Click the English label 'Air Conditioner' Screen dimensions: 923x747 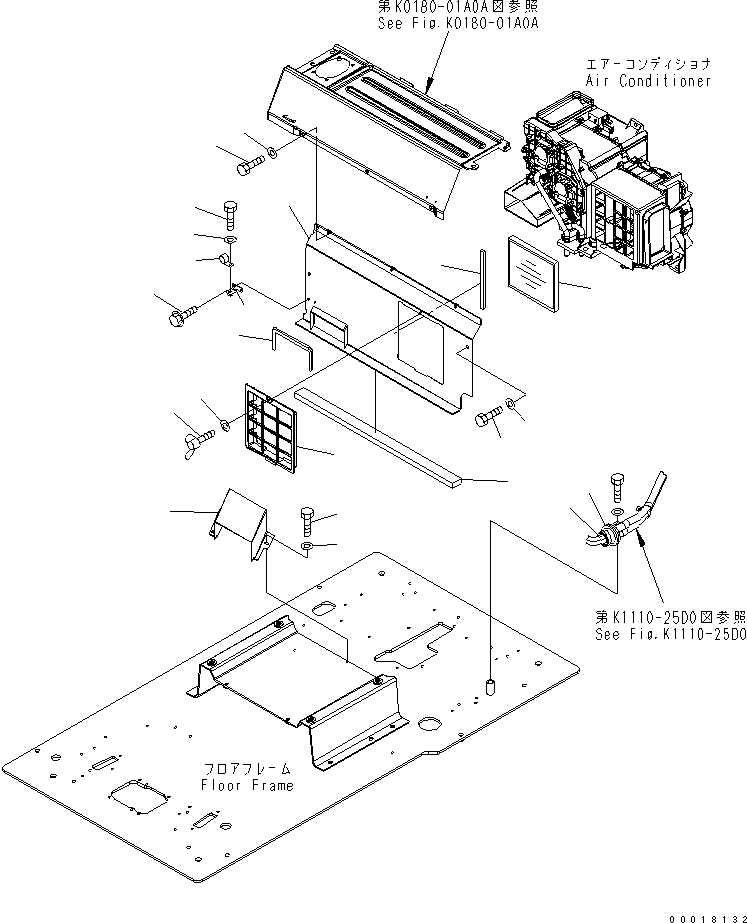click(649, 81)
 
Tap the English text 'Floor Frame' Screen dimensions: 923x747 click(246, 785)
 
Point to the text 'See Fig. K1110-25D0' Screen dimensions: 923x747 click(669, 634)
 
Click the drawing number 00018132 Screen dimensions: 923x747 click(701, 913)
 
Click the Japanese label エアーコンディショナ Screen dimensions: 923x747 click(649, 63)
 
